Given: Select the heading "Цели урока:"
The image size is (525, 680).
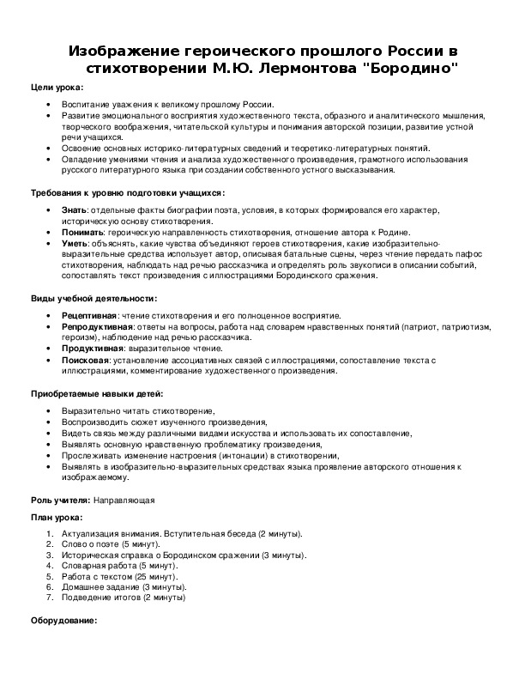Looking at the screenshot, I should click(x=57, y=88).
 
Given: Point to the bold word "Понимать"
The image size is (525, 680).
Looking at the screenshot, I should click(x=83, y=233).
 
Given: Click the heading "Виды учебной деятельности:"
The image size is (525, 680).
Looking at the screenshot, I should click(x=94, y=298).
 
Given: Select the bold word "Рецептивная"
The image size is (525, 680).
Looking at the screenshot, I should click(x=89, y=316).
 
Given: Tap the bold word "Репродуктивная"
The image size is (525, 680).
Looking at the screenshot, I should click(x=94, y=327).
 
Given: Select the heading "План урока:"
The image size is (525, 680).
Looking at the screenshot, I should click(x=57, y=518).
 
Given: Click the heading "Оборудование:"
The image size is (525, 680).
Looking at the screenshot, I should click(x=63, y=620).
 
